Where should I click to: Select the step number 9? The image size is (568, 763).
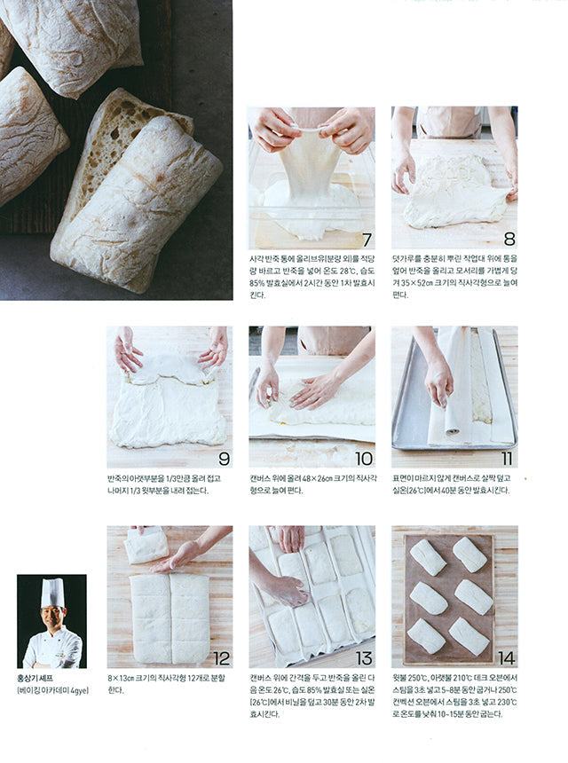click(x=222, y=458)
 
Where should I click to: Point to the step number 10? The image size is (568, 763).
click(x=363, y=458)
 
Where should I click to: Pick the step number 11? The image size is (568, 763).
click(x=506, y=458)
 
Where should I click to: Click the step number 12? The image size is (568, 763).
click(x=221, y=657)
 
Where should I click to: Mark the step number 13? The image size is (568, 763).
click(x=363, y=657)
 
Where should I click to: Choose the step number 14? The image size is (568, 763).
click(x=506, y=657)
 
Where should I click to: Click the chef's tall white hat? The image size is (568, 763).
click(x=52, y=592)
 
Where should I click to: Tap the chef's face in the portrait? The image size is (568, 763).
click(x=52, y=617)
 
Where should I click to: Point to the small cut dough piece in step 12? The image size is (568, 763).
click(x=146, y=545)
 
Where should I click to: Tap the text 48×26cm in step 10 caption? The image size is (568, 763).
click(x=301, y=477)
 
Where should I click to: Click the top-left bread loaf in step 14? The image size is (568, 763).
click(x=428, y=556)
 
